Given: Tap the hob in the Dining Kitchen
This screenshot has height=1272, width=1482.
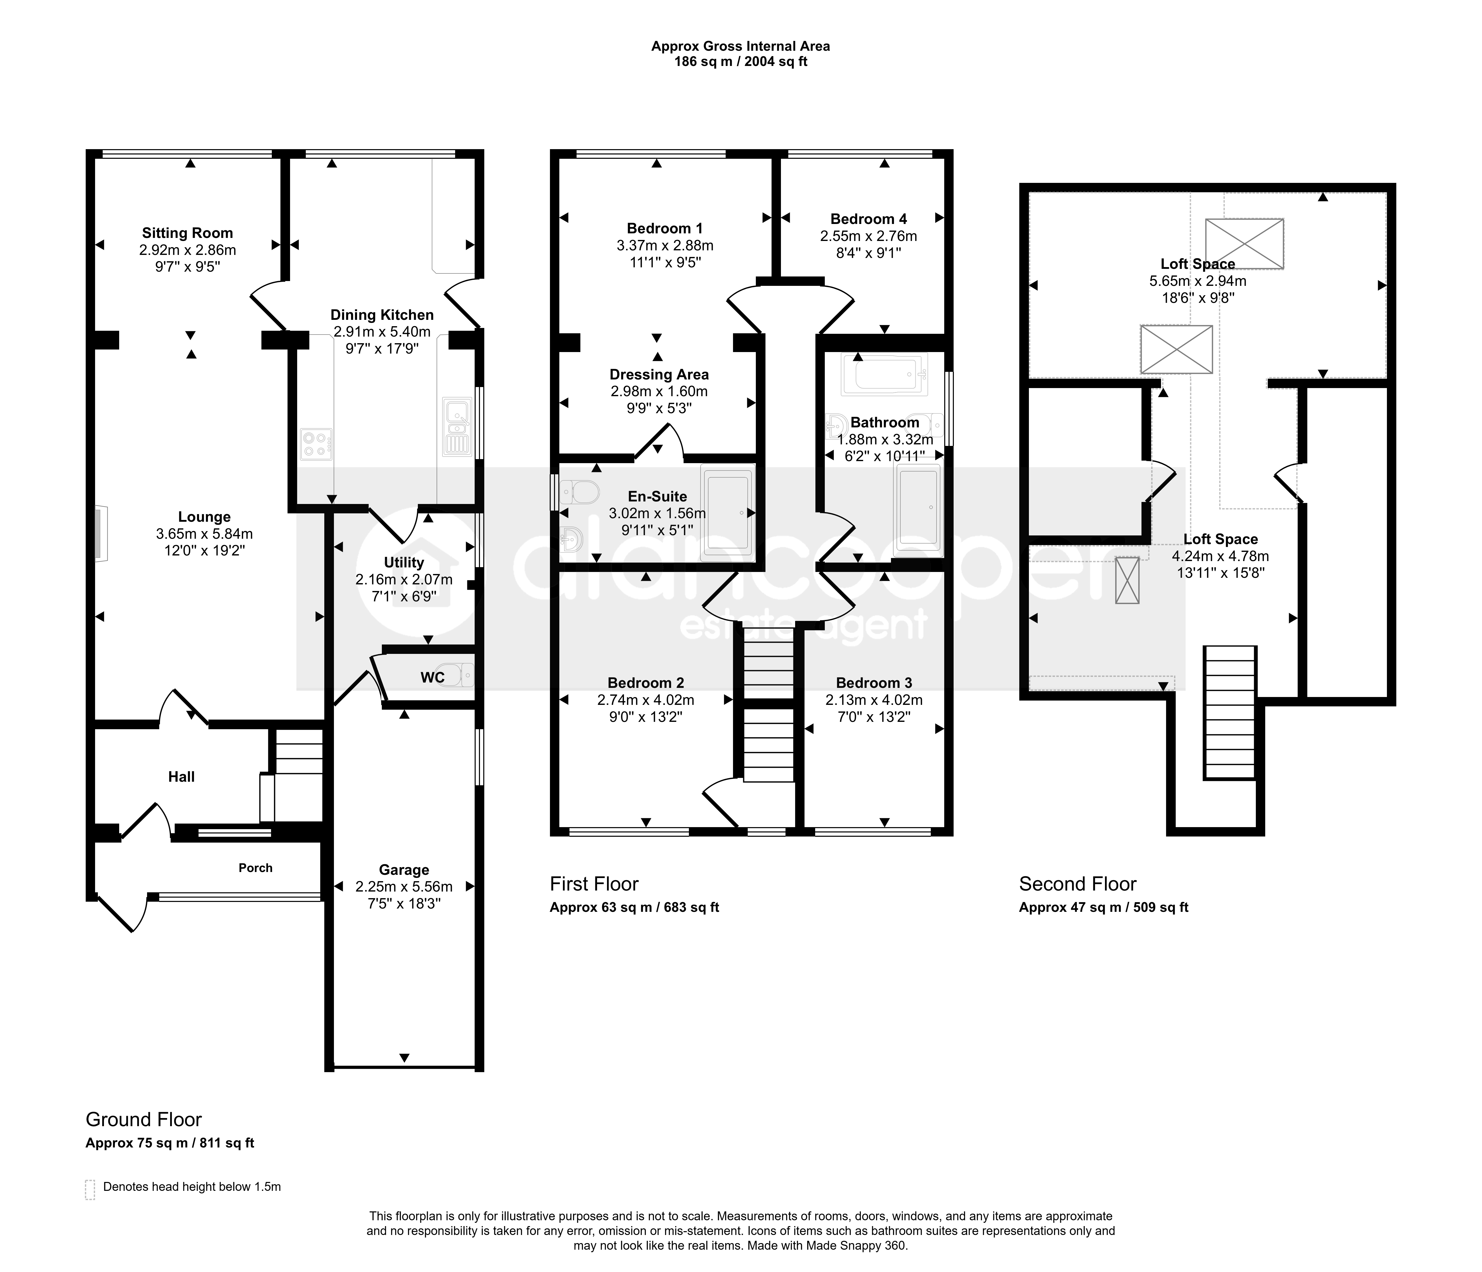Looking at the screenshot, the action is coord(316,444).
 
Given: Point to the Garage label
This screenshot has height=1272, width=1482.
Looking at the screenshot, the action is coord(404,870).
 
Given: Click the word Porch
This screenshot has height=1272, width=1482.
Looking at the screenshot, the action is coord(255,868).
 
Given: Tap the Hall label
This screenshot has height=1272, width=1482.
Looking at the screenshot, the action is coord(182,777).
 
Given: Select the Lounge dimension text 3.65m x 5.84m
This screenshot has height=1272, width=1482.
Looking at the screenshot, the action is coord(205,534).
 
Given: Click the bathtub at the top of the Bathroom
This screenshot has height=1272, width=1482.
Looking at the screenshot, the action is coord(885,373).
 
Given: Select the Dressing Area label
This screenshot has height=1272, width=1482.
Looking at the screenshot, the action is coord(659,375).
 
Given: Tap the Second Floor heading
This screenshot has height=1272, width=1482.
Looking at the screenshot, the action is coord(1078,884).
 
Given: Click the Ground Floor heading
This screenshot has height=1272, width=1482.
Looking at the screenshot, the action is coord(144,1120).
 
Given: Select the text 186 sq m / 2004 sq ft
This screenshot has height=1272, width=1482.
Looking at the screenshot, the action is coord(741,62).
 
